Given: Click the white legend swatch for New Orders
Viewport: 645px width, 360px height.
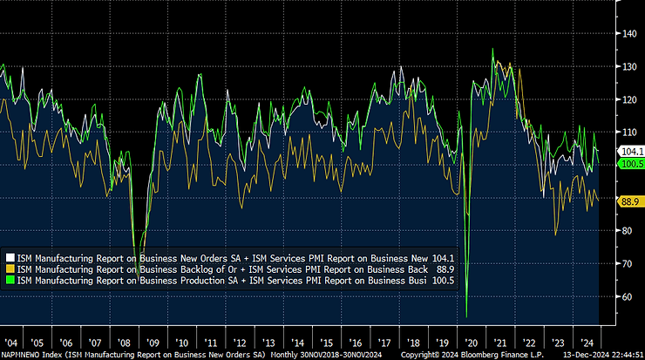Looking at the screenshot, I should tap(10, 258).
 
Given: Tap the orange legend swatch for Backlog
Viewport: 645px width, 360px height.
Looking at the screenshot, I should tap(10, 269).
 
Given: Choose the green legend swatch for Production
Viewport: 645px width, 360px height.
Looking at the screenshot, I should tap(10, 281).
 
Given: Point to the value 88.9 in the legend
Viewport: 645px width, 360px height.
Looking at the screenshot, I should tap(444, 269).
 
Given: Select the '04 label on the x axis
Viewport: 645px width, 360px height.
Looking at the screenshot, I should tap(11, 343).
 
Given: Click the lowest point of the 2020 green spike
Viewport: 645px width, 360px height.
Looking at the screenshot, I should tap(467, 316).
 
